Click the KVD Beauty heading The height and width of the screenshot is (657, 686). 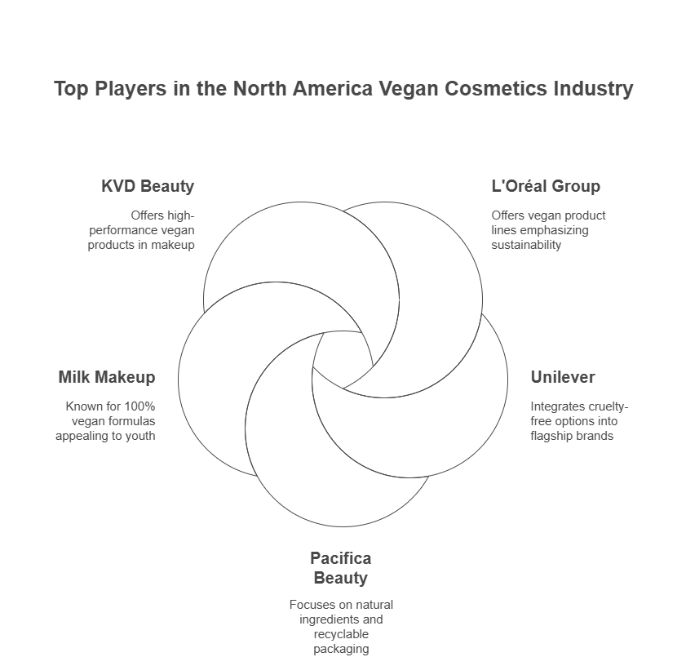point(148,186)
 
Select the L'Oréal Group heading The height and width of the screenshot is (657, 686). point(546,186)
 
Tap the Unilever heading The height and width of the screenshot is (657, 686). point(563,377)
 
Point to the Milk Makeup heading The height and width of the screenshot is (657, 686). point(107,377)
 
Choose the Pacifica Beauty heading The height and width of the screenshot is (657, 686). point(341,568)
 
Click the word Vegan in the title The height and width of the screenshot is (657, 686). point(408,88)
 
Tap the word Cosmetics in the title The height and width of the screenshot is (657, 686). point(496,88)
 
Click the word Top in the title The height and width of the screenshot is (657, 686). point(71,88)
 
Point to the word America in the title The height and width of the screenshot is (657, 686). point(333,88)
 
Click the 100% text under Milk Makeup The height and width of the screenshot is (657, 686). point(139,406)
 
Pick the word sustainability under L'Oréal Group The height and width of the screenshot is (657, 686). point(526,245)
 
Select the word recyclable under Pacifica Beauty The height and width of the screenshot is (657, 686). point(341,634)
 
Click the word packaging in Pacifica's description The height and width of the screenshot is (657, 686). point(341,649)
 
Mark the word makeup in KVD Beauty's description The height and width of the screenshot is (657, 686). point(172,245)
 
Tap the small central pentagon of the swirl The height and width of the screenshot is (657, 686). point(343,358)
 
